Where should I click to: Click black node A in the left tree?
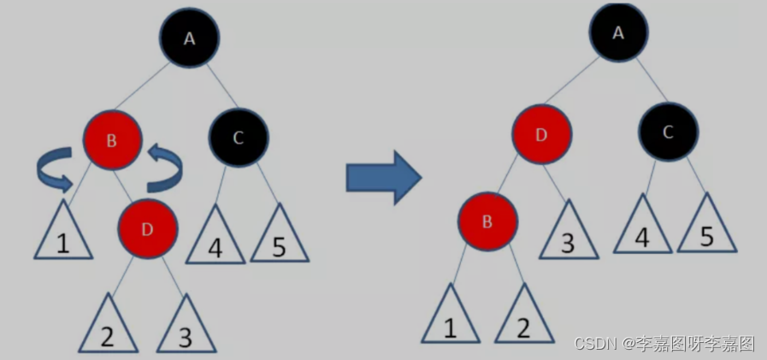(x=189, y=38)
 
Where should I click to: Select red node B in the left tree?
(x=112, y=139)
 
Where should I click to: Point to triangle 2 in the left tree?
(x=107, y=328)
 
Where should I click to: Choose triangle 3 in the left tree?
(x=186, y=328)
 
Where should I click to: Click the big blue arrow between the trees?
(x=383, y=178)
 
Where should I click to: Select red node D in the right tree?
(x=542, y=135)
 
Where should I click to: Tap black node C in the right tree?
(x=668, y=132)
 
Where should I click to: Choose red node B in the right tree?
(x=487, y=221)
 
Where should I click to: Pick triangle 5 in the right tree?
(x=707, y=228)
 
